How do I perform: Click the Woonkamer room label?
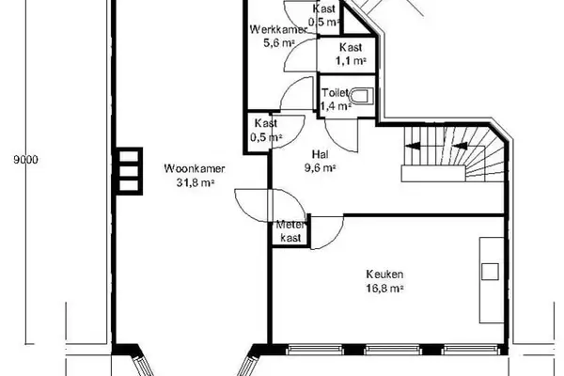click(195, 169)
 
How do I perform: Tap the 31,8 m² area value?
click(195, 182)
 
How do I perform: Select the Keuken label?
click(384, 274)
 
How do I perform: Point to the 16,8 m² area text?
click(384, 289)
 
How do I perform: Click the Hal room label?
click(321, 155)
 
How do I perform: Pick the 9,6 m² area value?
click(321, 168)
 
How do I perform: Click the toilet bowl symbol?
click(361, 97)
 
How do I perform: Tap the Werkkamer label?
click(279, 29)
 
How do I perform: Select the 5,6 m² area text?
click(279, 43)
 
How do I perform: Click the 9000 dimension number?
click(25, 160)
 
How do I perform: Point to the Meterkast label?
click(290, 231)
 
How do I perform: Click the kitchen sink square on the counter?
click(490, 272)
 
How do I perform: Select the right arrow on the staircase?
click(460, 146)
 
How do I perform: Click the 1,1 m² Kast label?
click(351, 54)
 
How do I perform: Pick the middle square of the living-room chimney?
click(129, 170)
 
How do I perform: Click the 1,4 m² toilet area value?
click(336, 106)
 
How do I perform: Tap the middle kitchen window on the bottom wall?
click(393, 350)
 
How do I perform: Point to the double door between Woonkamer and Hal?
click(270, 205)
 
